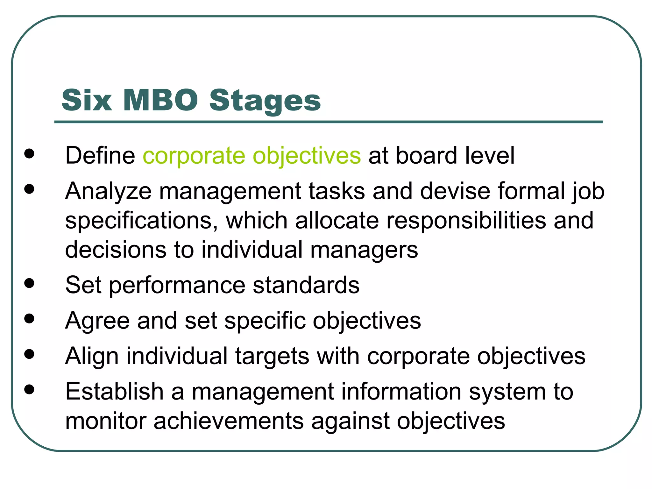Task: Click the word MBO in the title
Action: (160, 100)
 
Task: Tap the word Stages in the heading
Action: (265, 101)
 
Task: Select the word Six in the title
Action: (87, 100)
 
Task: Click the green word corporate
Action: (194, 156)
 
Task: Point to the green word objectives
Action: (307, 156)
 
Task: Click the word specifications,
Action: (142, 221)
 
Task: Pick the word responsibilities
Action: (466, 220)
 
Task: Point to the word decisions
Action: (116, 250)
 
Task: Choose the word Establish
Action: (114, 392)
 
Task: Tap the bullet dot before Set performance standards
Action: (29, 283)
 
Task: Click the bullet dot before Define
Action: (29, 153)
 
